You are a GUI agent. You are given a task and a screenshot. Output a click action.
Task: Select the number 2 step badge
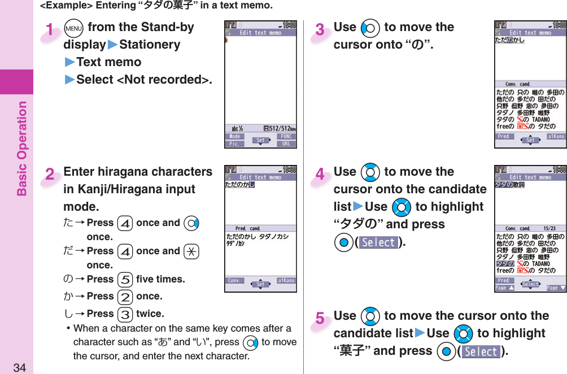pos(50,175)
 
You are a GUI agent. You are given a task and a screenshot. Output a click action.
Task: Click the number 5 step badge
pos(320,319)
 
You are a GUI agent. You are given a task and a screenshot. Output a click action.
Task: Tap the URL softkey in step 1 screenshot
pos(286,143)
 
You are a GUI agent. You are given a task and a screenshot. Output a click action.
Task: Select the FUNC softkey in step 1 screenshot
pos(286,136)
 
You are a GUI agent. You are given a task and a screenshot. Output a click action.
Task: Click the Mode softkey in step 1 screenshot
pos(235,136)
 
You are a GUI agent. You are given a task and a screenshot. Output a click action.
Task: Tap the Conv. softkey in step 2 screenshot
pos(235,281)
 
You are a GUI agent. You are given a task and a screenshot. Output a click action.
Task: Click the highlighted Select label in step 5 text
pos(481,351)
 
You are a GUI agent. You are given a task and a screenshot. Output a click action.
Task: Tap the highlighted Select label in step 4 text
pos(378,242)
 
